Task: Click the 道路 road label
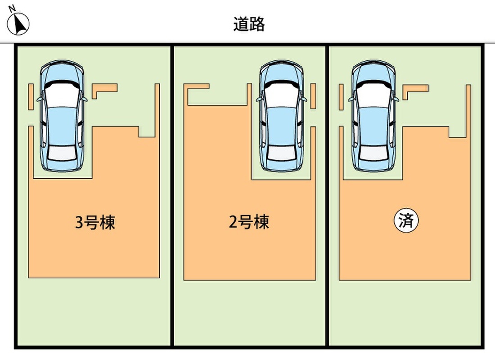coord(249,24)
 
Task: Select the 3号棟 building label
coord(95,222)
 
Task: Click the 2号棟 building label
coord(249,222)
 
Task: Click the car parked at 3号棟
coord(62,116)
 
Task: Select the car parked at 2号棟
coord(282,116)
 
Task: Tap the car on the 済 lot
coord(374,116)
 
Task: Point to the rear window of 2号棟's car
coord(282,153)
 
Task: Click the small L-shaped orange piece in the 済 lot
coord(414,90)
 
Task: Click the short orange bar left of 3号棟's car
coord(30,96)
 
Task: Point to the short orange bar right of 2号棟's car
coord(313,96)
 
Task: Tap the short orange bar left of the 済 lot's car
coord(341,96)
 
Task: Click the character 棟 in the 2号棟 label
coord(261,222)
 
